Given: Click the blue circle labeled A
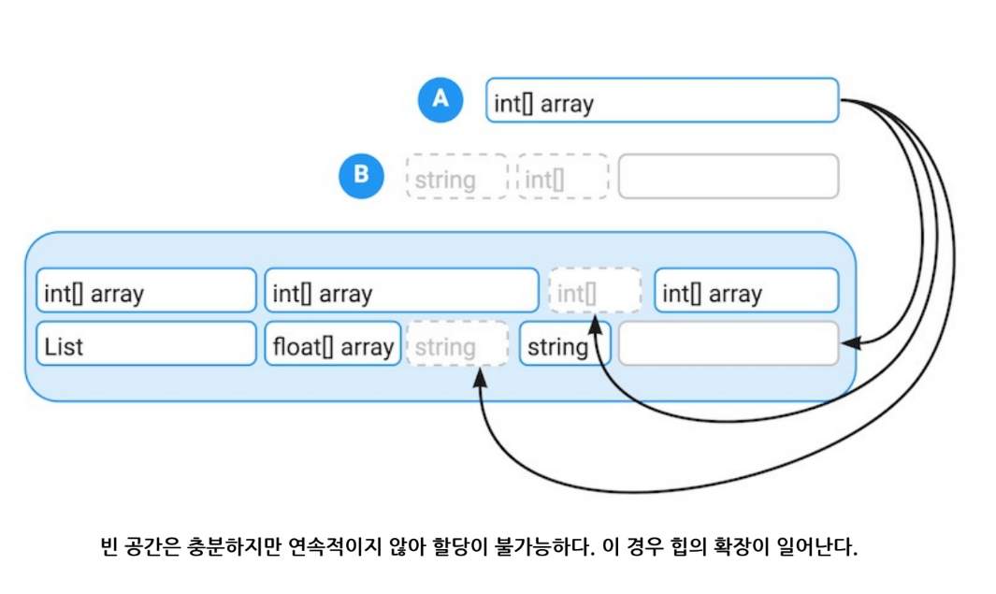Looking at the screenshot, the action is [440, 100].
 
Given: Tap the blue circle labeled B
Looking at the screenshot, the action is [361, 176].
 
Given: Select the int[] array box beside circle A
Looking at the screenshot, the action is [661, 101].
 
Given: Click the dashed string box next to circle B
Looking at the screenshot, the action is [456, 177].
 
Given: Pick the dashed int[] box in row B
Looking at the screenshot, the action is [562, 177].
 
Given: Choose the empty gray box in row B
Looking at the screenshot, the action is [728, 177].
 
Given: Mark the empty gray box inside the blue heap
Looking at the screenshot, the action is [728, 344].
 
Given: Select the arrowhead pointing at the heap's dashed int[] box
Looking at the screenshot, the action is [595, 323].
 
